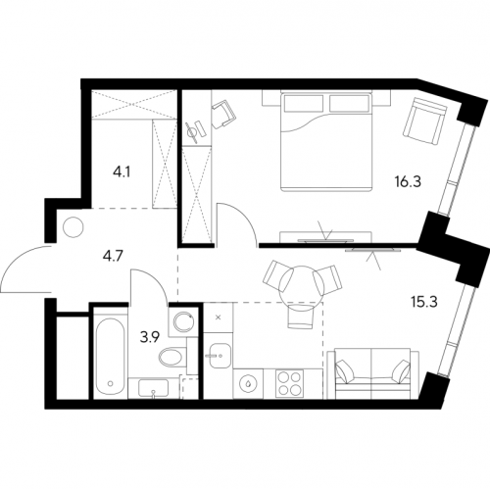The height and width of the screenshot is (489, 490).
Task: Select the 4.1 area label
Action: (122, 171)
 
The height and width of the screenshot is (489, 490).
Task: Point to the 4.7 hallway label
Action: (112, 257)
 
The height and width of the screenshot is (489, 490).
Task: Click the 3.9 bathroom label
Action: (150, 337)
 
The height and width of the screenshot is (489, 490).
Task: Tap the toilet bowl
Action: (172, 357)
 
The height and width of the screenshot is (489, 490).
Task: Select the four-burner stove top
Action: (289, 384)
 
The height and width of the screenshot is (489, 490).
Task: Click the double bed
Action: (326, 141)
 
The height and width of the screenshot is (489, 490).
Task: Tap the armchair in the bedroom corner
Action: (424, 121)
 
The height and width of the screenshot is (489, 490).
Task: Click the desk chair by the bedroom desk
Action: (223, 114)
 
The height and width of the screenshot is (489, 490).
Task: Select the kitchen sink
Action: (220, 356)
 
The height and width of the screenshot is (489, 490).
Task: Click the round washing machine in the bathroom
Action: (183, 321)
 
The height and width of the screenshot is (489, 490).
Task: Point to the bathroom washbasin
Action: (153, 388)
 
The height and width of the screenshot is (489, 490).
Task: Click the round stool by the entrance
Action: (73, 226)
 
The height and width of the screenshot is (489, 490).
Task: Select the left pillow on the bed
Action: (304, 103)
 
